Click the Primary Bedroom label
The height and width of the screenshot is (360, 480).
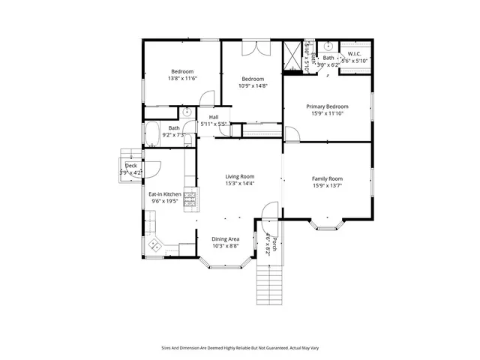[327, 106]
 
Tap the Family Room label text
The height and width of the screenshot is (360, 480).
[327, 178]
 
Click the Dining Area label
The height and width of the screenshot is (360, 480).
[225, 238]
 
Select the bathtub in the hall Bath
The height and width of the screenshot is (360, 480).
[151, 134]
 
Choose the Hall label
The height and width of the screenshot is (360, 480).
[214, 117]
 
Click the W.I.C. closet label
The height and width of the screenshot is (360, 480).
[354, 54]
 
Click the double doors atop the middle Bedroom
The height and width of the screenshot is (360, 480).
[252, 46]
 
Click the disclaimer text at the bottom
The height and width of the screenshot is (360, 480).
[240, 347]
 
